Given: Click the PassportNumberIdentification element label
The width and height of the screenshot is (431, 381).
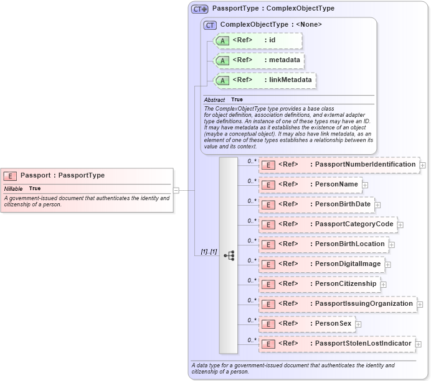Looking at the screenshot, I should [365, 164].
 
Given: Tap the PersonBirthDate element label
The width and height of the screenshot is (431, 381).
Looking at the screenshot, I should [343, 204].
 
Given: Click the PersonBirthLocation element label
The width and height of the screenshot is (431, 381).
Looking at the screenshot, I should [349, 244].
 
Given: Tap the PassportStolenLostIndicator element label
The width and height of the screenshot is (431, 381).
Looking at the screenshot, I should [363, 344].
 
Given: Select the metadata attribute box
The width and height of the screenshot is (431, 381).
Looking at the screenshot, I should [258, 60].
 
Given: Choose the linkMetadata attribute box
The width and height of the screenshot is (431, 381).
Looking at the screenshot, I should [264, 80].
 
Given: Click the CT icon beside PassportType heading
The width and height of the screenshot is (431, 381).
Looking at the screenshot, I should [199, 9].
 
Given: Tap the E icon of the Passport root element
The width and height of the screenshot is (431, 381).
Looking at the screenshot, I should [11, 176].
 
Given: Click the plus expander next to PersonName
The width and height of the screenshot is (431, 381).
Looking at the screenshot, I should [365, 185].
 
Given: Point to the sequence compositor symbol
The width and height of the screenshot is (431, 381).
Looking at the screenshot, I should [229, 255].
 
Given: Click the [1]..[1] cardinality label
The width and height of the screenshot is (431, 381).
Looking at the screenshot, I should [209, 252].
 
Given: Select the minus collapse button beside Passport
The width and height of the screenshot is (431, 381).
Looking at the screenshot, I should [176, 190].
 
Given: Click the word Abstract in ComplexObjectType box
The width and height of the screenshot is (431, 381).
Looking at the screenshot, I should [214, 99].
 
